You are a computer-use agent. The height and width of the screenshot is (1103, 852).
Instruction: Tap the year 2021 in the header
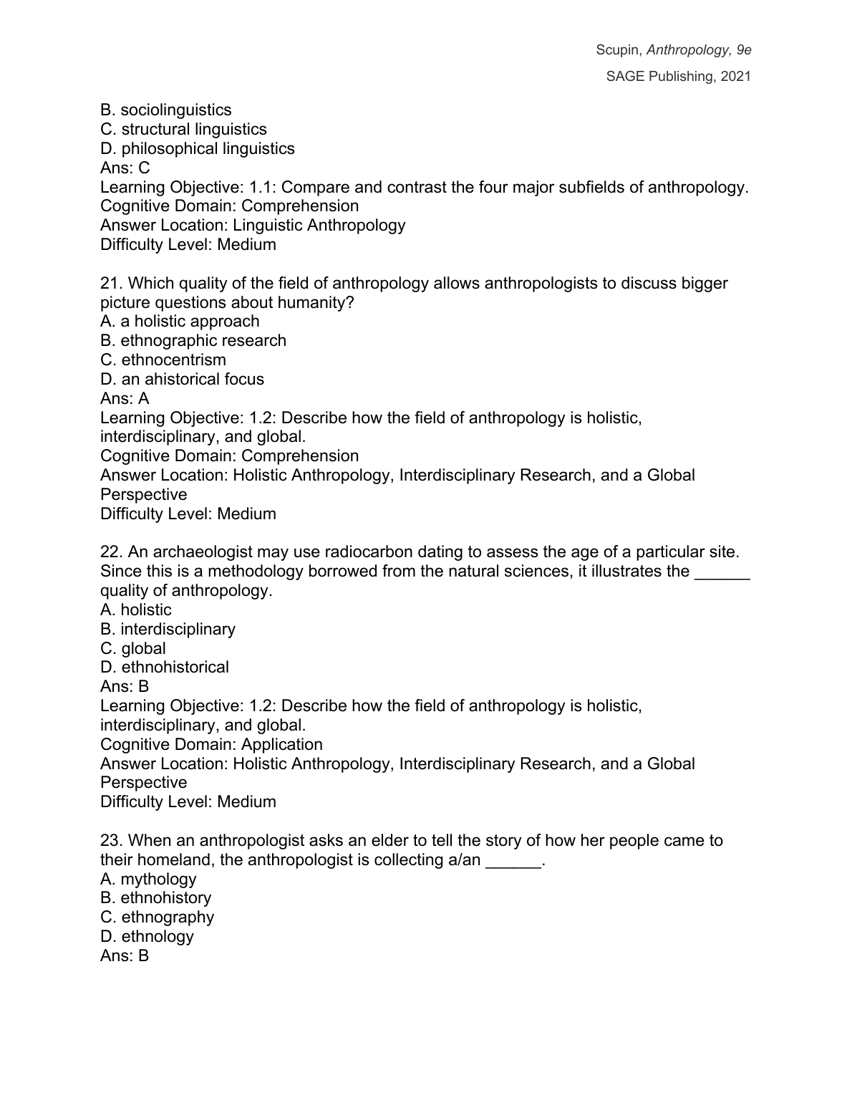736,77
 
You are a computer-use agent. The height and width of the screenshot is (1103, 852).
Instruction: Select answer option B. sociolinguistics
166,110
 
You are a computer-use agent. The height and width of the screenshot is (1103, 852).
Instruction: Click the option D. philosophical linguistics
198,149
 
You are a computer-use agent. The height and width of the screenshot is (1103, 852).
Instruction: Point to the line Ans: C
125,168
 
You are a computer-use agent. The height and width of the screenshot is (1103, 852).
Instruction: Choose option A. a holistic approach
180,322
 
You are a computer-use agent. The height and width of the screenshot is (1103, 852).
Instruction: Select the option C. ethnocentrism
163,360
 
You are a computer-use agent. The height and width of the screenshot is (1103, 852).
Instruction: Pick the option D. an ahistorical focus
182,380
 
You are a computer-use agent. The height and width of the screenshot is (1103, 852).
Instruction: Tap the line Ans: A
125,399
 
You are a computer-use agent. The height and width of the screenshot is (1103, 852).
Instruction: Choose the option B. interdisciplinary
168,630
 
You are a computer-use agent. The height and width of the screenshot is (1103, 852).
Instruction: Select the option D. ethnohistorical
165,668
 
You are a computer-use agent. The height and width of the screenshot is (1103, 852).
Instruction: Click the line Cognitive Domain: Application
211,745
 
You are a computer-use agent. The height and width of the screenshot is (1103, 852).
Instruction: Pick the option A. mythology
148,880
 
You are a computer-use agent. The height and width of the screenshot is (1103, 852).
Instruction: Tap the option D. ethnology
147,937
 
